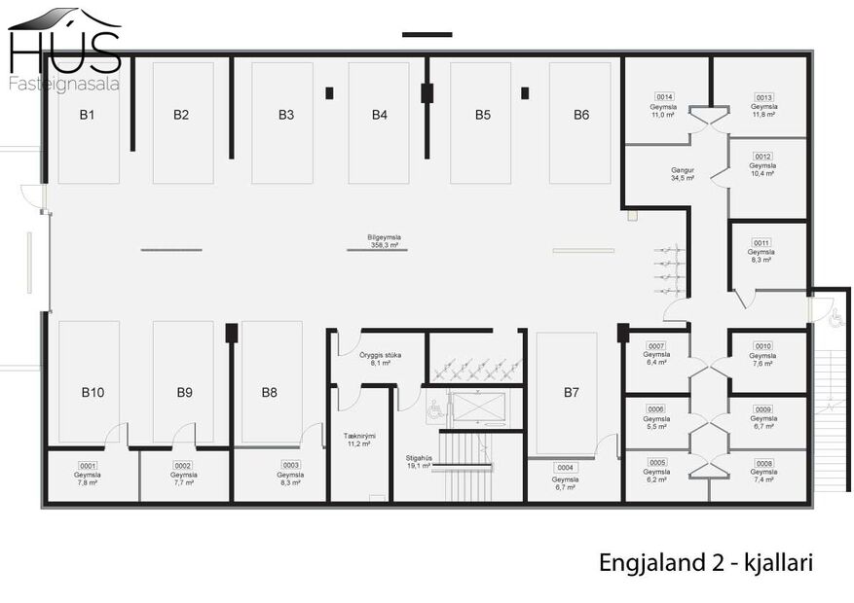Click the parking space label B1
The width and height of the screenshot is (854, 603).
point(87,115)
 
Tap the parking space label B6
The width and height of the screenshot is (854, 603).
point(580,115)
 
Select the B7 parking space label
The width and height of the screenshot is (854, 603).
point(571,393)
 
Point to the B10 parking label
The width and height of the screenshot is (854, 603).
point(92,393)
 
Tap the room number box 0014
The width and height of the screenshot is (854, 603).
point(665,97)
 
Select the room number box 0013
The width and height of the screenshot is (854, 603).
point(763,97)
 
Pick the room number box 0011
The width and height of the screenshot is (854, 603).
point(761,242)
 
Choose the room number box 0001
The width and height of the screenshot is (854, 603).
point(88,465)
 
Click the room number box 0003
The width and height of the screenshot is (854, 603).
point(290,465)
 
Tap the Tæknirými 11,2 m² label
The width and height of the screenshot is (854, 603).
point(359,440)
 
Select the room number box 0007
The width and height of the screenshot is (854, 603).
point(656,346)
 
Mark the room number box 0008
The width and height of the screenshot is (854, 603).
point(763,464)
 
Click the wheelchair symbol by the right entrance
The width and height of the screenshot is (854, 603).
point(835,316)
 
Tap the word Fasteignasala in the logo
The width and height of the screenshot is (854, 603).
point(63,84)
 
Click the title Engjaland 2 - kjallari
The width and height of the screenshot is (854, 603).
point(705,563)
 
